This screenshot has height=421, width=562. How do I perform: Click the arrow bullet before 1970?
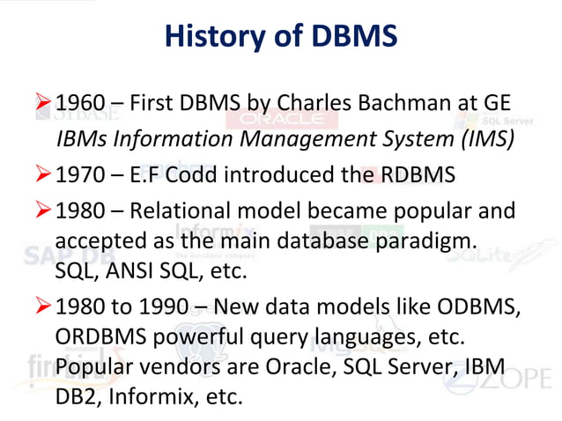pyautogui.click(x=43, y=174)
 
